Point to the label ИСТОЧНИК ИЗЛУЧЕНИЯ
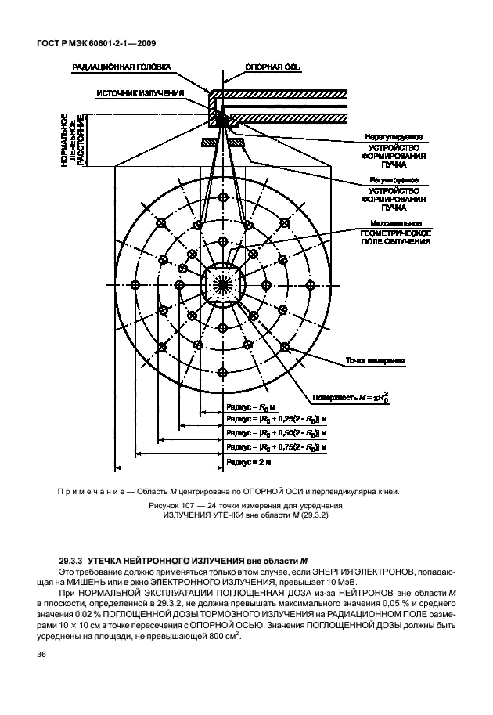click(140, 93)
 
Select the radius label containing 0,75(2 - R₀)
click(275, 446)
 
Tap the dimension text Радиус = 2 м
click(248, 463)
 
